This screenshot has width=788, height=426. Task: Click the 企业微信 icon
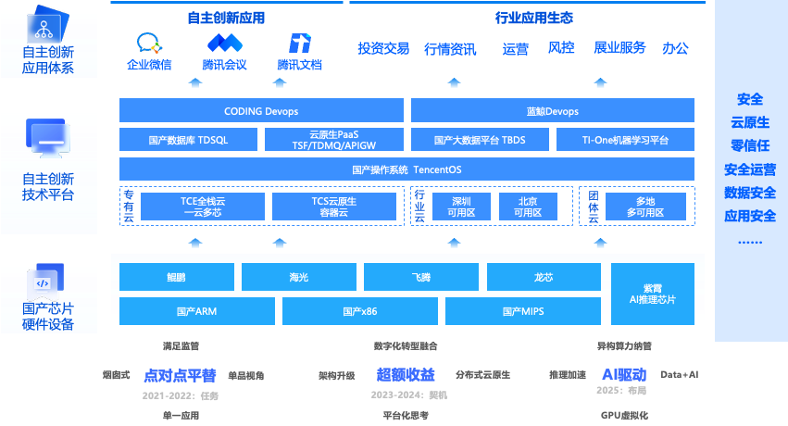coord(149,43)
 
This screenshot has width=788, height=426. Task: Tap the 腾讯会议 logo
coord(224,43)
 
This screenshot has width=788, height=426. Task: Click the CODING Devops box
coord(261,111)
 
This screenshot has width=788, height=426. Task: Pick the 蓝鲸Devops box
coord(552,111)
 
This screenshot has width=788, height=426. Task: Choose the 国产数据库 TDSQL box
coord(189,140)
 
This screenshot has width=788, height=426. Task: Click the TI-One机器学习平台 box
coord(625,140)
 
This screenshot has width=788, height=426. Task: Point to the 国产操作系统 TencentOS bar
coord(407,169)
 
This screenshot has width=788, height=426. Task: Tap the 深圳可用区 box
coord(461,206)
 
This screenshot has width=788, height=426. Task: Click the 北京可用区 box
coord(527,206)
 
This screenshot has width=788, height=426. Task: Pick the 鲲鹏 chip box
coord(177,277)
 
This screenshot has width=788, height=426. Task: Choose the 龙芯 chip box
coord(544,277)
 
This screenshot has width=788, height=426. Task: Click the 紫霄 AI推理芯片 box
coord(652,294)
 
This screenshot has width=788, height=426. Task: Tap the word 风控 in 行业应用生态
coord(561,48)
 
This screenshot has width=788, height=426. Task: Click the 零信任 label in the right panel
coord(750,145)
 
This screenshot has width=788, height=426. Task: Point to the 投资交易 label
coord(383,48)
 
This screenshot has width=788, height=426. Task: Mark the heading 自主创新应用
coord(225,18)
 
